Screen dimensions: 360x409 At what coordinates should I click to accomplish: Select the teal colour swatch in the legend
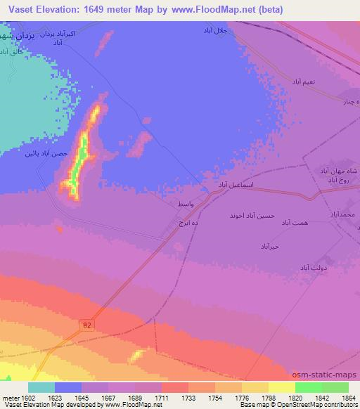pos(41,387)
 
